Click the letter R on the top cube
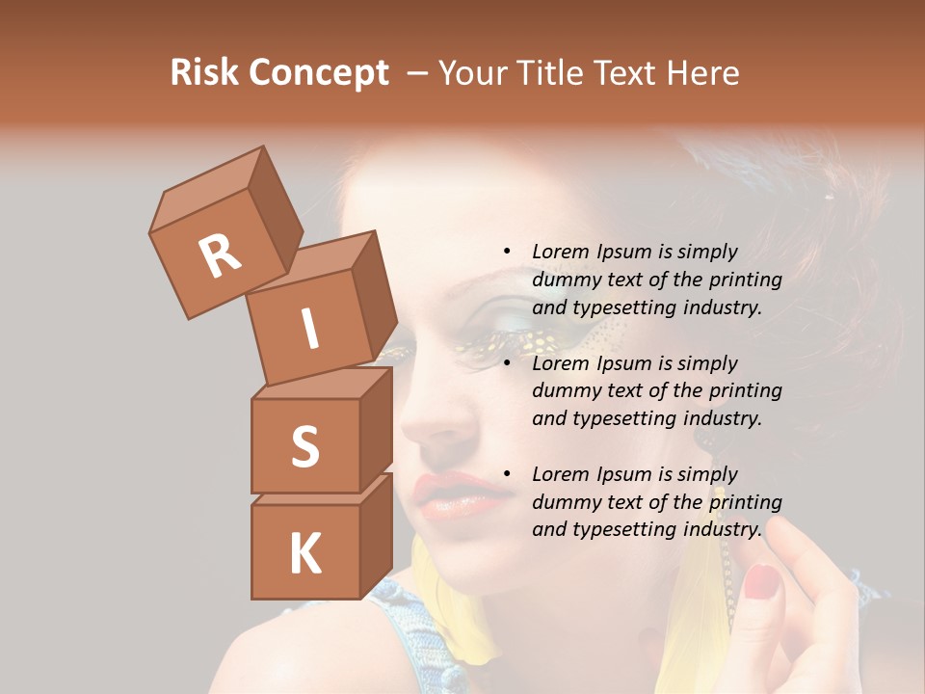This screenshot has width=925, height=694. tap(220, 255)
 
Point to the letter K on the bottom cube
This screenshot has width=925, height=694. tap(304, 554)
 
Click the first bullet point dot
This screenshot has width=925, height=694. tap(507, 253)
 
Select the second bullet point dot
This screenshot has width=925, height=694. tap(507, 363)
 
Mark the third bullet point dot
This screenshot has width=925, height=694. tap(507, 474)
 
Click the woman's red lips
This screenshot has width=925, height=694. tap(451, 496)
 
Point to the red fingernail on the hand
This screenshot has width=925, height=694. tap(762, 580)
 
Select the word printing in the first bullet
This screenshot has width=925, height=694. tap(745, 280)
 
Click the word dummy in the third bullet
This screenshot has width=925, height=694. tap(565, 501)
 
